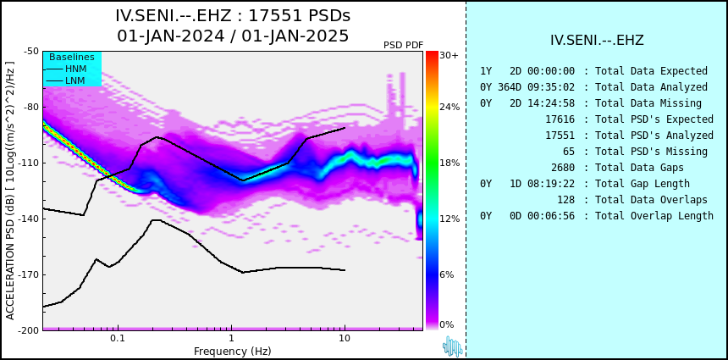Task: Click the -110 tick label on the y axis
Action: pyautogui.click(x=28, y=163)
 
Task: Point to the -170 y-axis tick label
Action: pyautogui.click(x=28, y=274)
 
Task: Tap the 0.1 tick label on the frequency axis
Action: pyautogui.click(x=118, y=338)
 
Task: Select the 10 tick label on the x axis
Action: pyautogui.click(x=344, y=338)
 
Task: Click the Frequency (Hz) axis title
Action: pyautogui.click(x=232, y=351)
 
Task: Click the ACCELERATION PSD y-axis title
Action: pyautogui.click(x=10, y=191)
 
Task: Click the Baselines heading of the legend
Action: pyautogui.click(x=72, y=57)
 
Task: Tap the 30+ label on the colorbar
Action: pyautogui.click(x=449, y=55)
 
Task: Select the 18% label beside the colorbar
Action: pyautogui.click(x=449, y=163)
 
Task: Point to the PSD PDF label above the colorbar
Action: pyautogui.click(x=404, y=45)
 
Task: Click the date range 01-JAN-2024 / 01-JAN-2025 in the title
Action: pyautogui.click(x=233, y=36)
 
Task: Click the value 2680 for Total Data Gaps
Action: pyautogui.click(x=563, y=167)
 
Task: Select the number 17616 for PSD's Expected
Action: pyautogui.click(x=560, y=119)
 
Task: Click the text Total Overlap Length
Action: pyautogui.click(x=654, y=215)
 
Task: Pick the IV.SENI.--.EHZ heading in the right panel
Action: pyautogui.click(x=597, y=41)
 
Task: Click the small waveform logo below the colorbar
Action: pyautogui.click(x=452, y=346)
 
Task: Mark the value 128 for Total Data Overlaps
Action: pyautogui.click(x=566, y=200)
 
